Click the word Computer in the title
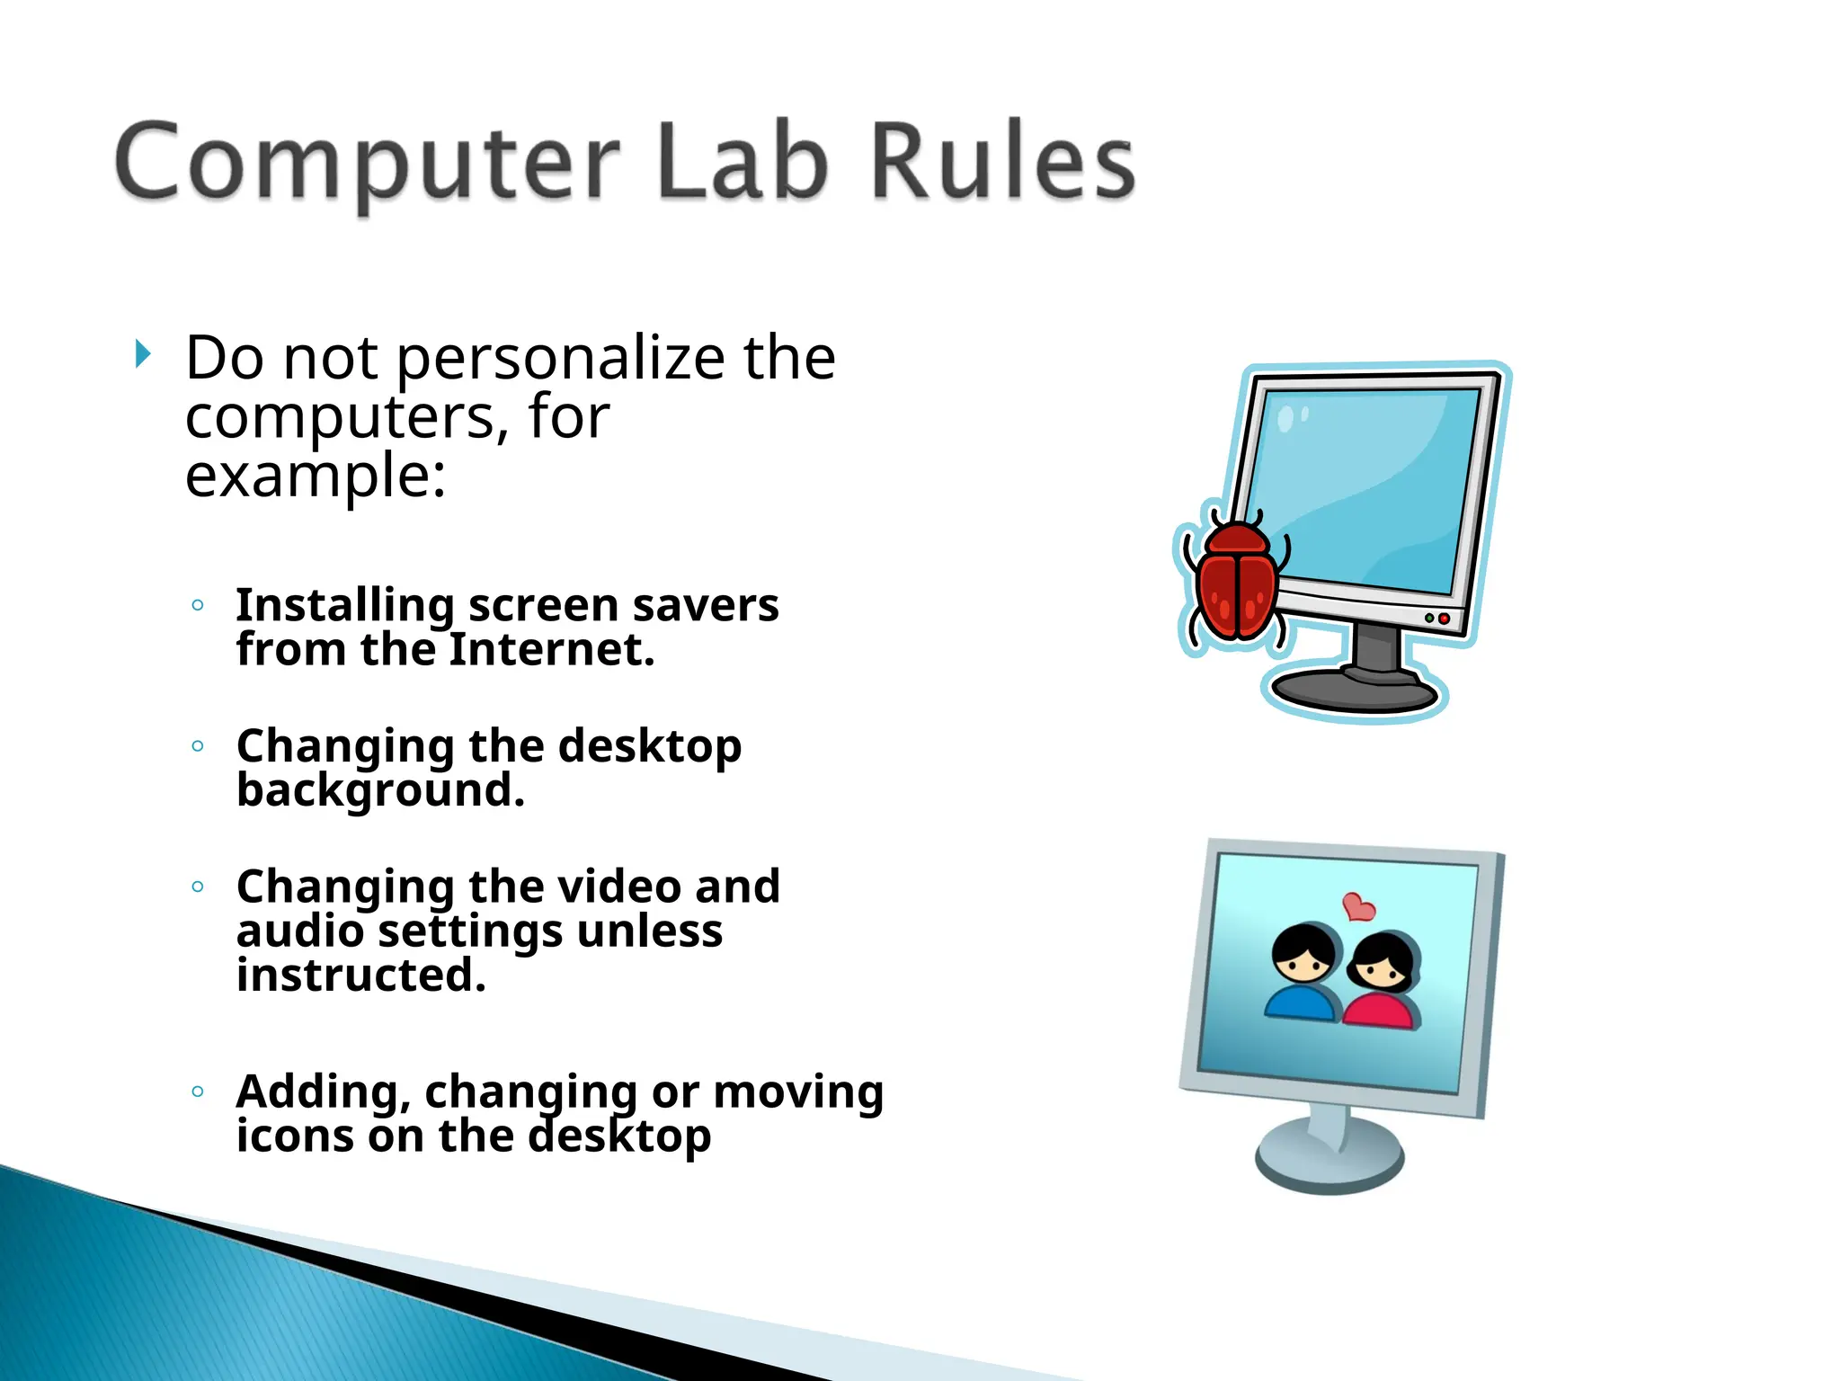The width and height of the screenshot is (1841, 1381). pyautogui.click(x=367, y=162)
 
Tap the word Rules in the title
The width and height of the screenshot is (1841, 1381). pyautogui.click(x=1002, y=162)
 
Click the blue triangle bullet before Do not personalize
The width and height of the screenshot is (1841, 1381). pyautogui.click(x=143, y=354)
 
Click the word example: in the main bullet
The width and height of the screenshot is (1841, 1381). pyautogui.click(x=315, y=477)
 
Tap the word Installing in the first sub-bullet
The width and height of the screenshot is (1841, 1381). pyautogui.click(x=344, y=605)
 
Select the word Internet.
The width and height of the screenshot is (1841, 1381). pyautogui.click(x=551, y=649)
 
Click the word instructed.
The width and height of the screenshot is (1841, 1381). pyautogui.click(x=360, y=976)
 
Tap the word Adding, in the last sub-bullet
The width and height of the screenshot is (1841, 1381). pyautogui.click(x=323, y=1092)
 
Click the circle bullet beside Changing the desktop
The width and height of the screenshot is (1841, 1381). pyautogui.click(x=198, y=745)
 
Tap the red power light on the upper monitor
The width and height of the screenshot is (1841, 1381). pyautogui.click(x=1444, y=619)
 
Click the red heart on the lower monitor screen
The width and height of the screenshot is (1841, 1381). pyautogui.click(x=1358, y=907)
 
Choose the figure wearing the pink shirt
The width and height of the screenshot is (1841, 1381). pyautogui.click(x=1383, y=985)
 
